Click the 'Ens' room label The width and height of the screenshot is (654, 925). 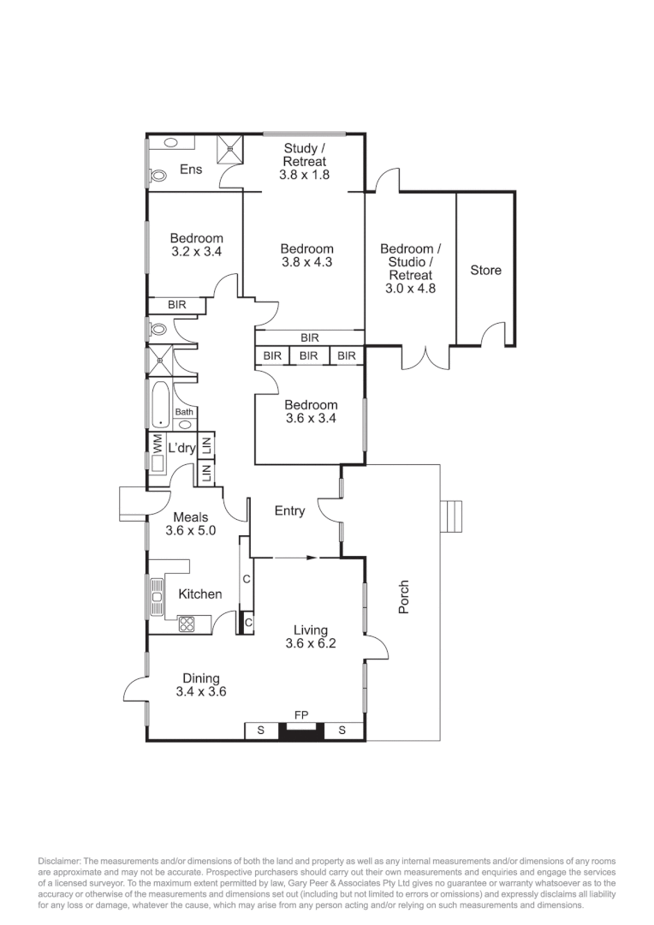(191, 170)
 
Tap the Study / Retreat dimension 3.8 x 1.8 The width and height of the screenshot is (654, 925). (304, 175)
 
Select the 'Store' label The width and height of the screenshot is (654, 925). (485, 271)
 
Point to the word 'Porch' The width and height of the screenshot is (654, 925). (404, 597)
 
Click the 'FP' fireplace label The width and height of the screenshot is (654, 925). (301, 713)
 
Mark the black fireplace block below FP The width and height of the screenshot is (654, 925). (302, 731)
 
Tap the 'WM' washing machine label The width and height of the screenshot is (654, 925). (158, 444)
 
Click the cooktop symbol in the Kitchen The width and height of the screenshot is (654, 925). (187, 625)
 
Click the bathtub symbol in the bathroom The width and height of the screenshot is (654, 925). (161, 404)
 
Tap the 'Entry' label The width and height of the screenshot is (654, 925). (289, 511)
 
